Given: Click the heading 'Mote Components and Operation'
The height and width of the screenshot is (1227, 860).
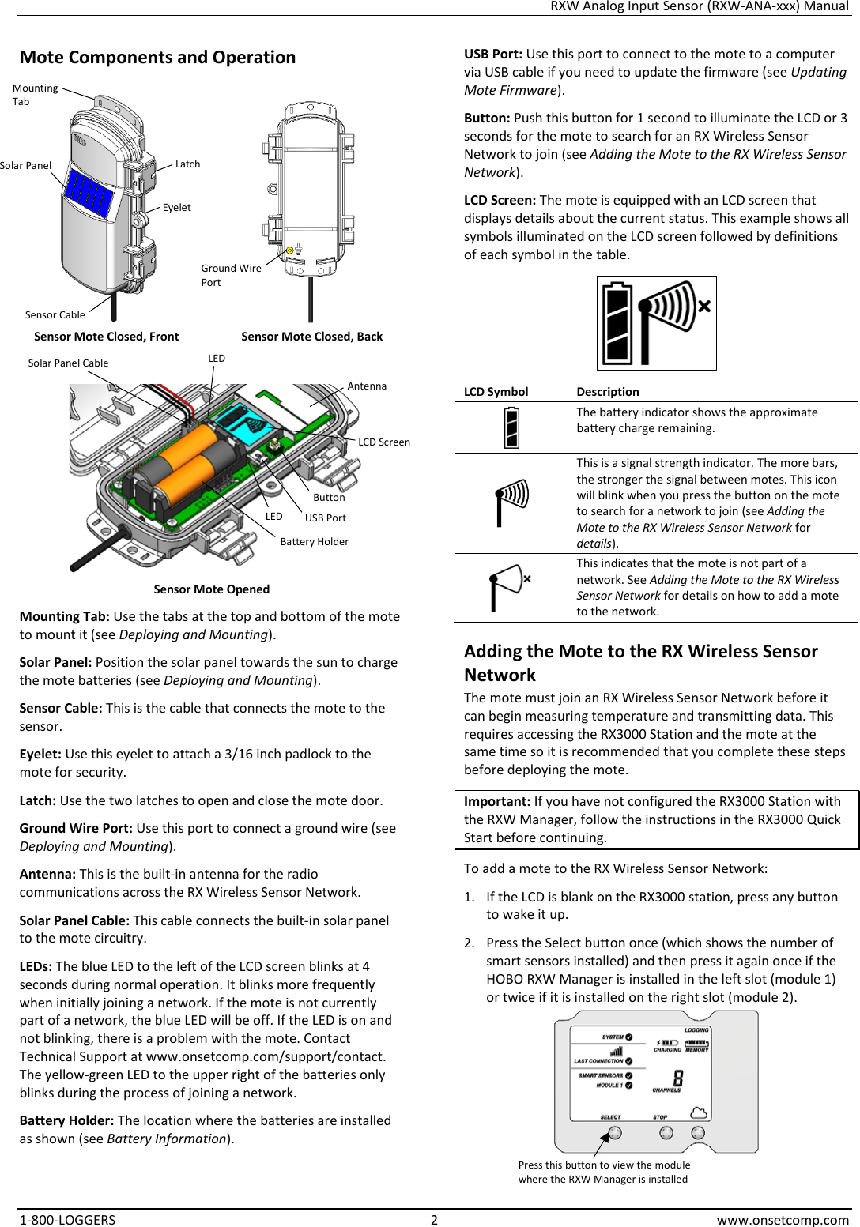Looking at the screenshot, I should (x=157, y=58).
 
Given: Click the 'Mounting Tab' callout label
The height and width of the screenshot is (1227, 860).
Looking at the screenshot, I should (x=35, y=94).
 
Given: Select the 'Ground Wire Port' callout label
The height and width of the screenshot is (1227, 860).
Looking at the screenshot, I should (x=230, y=275).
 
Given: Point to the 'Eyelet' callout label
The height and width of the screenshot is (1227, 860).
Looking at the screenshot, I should (x=176, y=208).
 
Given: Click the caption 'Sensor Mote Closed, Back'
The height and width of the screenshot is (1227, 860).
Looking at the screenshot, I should (x=311, y=337).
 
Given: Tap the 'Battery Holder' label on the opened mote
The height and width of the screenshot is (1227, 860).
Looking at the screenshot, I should (x=314, y=542).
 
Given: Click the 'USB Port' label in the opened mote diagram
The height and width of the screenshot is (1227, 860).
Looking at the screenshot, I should (x=326, y=518).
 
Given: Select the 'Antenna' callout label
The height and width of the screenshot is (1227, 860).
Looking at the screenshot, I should (x=367, y=386).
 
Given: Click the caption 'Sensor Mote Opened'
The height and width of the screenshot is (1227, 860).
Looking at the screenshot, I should (x=211, y=589).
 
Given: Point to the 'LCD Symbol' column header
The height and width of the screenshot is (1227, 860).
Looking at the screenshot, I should (x=496, y=392).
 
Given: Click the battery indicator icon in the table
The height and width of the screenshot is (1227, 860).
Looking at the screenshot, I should (x=512, y=427).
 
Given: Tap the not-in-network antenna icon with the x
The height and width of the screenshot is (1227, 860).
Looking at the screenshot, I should (x=510, y=586).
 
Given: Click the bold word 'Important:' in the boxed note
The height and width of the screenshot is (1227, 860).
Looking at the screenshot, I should (x=496, y=802).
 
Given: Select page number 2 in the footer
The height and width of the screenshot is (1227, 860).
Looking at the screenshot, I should (x=434, y=1220).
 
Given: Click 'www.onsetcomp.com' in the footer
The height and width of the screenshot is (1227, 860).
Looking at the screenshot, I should (x=782, y=1220).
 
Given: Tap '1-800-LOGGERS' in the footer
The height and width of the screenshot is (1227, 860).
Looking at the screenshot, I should (x=67, y=1220).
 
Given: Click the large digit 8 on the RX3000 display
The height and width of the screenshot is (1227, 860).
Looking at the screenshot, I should (x=677, y=1078).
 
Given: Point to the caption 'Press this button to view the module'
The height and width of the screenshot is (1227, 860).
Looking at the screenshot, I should (x=604, y=1165).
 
